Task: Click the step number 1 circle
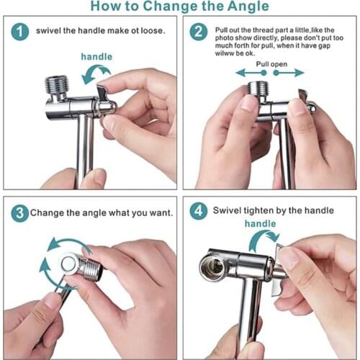21,32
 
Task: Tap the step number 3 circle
21,212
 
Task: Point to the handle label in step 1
96,56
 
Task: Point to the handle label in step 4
260,224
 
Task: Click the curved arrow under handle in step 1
96,72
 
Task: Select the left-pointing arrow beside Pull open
245,72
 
